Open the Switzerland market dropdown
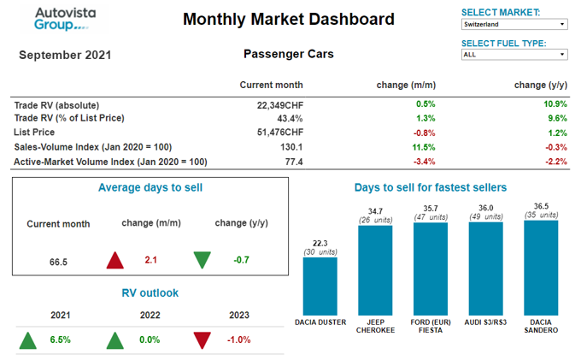coord(514,25)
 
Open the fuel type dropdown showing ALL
coord(514,55)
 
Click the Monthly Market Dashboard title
coord(289,19)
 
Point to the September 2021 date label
coord(65,56)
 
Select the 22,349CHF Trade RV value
coord(279,104)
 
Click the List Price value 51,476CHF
coord(279,133)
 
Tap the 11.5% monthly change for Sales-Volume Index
coord(425,147)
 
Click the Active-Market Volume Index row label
coord(111,162)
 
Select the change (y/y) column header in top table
coord(541,85)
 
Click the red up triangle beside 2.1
coord(115,260)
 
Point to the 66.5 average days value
coord(58,260)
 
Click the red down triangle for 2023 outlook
coord(203,340)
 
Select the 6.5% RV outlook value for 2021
coord(60,340)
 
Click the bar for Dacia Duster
coord(320,286)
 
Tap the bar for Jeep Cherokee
coord(375,269)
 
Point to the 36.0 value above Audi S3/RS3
coord(485,208)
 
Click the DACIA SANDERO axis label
coord(541,326)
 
